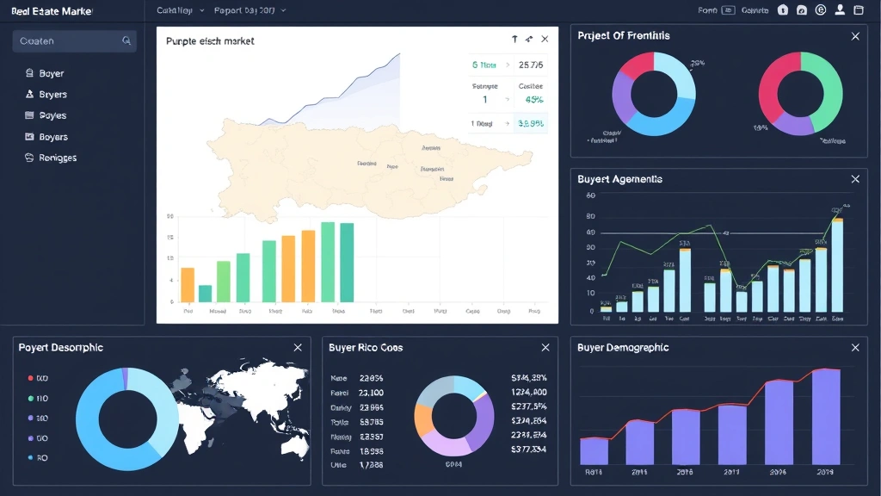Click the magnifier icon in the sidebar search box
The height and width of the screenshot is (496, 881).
(x=126, y=40)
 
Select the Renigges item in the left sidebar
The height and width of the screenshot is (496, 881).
(x=52, y=158)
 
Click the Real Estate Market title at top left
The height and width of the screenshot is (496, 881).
(x=52, y=11)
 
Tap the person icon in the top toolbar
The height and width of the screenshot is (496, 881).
(x=839, y=10)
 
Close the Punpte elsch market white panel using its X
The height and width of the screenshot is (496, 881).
(x=545, y=40)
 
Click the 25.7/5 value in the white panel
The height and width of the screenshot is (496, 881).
(x=531, y=65)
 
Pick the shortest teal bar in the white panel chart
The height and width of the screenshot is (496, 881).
(x=205, y=294)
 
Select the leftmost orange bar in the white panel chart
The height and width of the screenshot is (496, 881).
(x=188, y=285)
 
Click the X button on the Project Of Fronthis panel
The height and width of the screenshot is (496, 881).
(x=854, y=36)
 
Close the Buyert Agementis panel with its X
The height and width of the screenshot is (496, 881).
(x=854, y=179)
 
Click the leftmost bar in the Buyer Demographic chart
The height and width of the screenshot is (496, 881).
(x=594, y=451)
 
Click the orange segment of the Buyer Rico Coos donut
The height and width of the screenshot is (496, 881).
(x=424, y=419)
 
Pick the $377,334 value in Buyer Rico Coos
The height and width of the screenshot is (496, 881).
(x=528, y=449)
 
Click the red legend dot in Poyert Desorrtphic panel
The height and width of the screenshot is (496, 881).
(x=31, y=378)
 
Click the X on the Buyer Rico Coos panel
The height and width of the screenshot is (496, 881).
(x=545, y=347)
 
